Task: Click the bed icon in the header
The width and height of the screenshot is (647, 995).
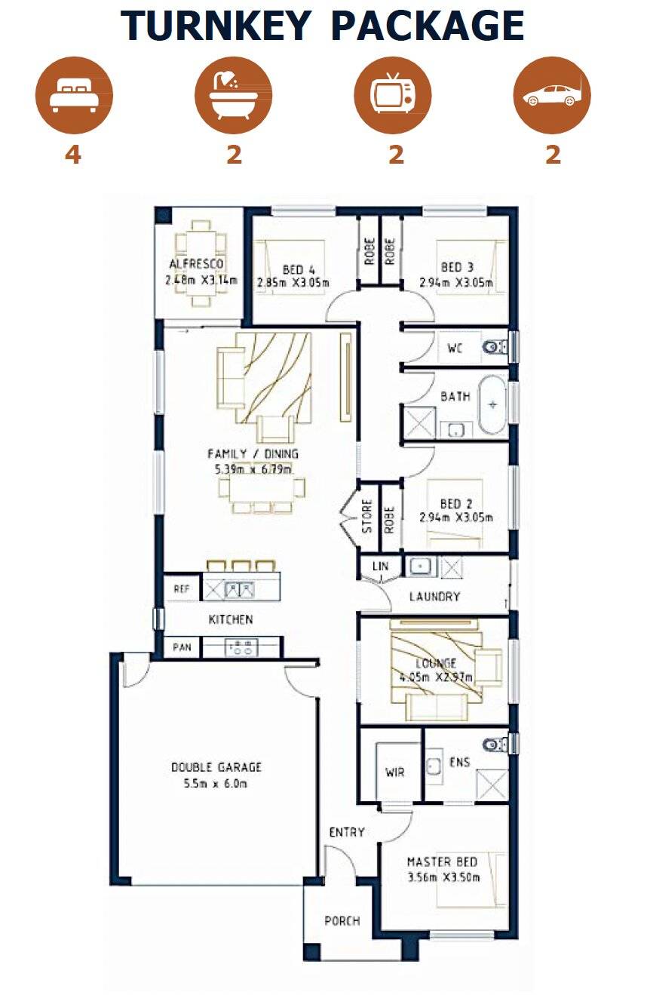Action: coord(73,96)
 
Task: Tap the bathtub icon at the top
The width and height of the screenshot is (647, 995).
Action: coord(233,96)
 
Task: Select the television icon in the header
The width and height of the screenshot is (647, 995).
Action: coord(393,96)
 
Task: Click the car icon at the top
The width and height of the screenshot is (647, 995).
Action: coord(552,96)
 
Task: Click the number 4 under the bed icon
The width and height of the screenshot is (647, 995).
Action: coord(73,155)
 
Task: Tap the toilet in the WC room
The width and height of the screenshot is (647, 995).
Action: coord(495,348)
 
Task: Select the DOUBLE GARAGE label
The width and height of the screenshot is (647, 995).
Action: coord(216,767)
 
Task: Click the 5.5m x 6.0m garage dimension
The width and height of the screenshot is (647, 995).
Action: coord(216,784)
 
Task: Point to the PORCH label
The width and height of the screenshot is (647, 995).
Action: coord(342,921)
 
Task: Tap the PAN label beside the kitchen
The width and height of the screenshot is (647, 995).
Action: coord(182,647)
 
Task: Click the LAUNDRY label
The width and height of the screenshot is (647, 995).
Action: coord(434,597)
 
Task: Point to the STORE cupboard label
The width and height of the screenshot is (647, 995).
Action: coord(367,517)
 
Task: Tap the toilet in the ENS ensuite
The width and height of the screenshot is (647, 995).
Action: coord(494,744)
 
